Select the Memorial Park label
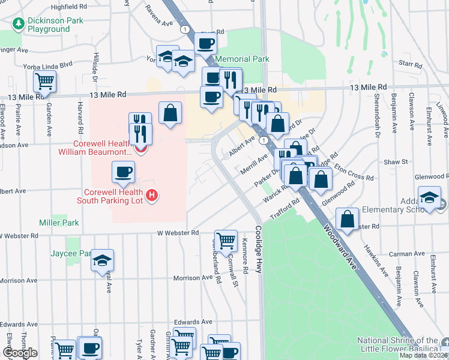(242, 59)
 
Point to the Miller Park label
(59, 223)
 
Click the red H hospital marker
(152, 195)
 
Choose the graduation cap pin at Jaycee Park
(103, 260)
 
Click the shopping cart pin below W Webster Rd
(226, 240)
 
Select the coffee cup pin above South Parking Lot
(124, 172)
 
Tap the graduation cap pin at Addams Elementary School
(430, 198)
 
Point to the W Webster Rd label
(178, 232)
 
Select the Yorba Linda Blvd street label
(47, 65)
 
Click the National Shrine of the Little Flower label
(397, 344)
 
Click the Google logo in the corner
(20, 353)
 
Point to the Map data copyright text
(423, 355)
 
